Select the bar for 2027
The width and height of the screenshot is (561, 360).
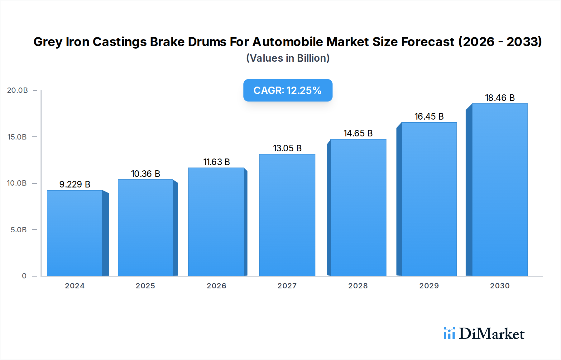[x=287, y=215]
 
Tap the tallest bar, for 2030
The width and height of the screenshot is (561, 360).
[x=500, y=190]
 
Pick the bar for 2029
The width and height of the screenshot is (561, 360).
[x=429, y=199]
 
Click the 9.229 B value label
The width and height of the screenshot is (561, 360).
[x=75, y=184]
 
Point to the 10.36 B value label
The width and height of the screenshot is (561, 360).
[x=146, y=174]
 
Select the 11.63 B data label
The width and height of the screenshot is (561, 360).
[x=217, y=162]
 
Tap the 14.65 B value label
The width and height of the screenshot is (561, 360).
[x=358, y=133]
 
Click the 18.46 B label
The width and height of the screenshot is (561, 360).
[x=500, y=98]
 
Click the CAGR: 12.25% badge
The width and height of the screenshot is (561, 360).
[x=288, y=90]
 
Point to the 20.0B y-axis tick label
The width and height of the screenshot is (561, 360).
[x=17, y=90]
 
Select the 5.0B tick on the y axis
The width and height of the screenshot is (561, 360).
[x=19, y=230]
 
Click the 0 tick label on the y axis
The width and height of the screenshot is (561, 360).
[x=24, y=276]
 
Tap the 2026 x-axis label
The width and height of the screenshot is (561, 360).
[x=217, y=286]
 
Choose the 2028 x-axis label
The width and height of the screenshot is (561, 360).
[x=358, y=286]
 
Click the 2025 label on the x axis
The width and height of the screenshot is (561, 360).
[x=146, y=286]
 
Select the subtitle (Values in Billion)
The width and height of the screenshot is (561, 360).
[x=288, y=58]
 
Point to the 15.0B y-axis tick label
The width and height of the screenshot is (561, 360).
[x=17, y=137]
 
